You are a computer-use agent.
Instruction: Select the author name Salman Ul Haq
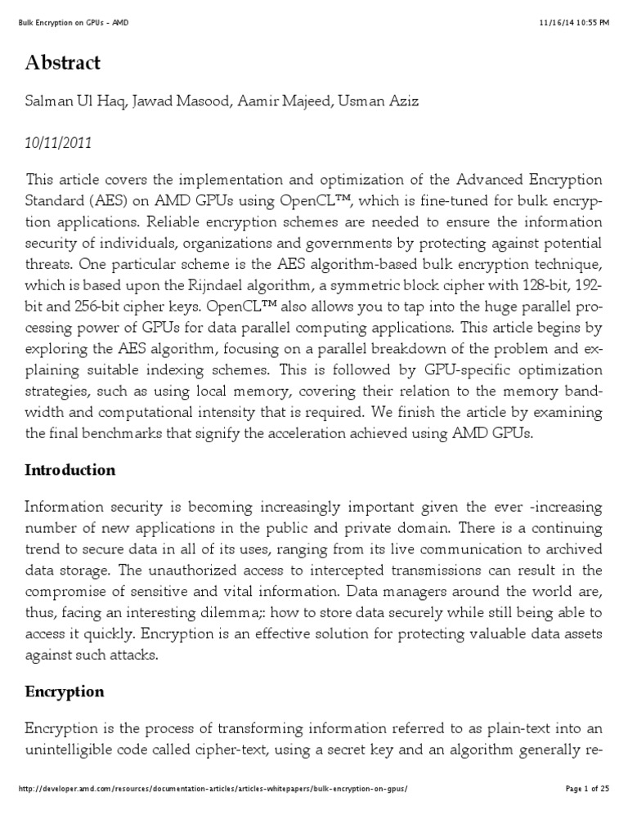coord(70,102)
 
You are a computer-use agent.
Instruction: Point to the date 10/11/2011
coord(59,142)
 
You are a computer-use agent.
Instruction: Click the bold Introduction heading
coord(70,470)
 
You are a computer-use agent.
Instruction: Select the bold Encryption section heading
coord(65,692)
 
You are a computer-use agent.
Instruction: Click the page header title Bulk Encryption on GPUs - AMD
coord(72,23)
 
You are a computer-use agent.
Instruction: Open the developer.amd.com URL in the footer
coord(212,811)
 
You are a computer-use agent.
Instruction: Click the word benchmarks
coord(118,434)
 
